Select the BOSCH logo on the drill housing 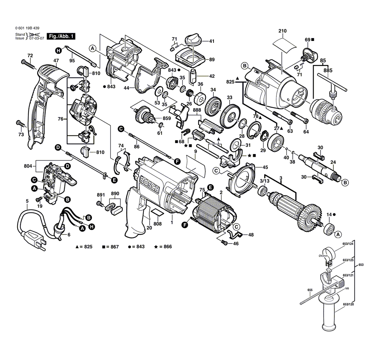click(x=150, y=184)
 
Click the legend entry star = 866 click(x=163, y=247)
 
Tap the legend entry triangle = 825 click(x=84, y=247)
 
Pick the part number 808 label click(x=157, y=223)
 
